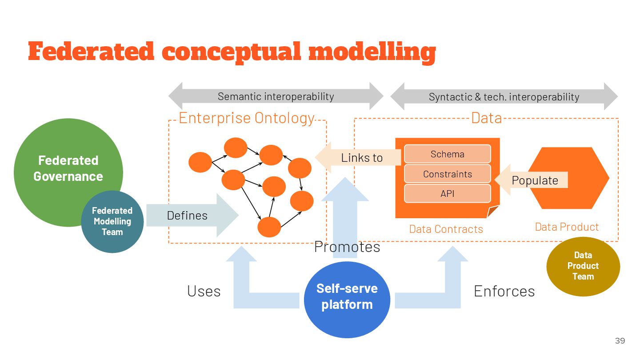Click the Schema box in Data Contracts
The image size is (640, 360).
click(x=447, y=154)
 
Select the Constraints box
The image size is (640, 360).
click(x=447, y=174)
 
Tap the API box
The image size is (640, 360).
click(x=447, y=193)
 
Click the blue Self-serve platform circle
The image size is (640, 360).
click(x=347, y=296)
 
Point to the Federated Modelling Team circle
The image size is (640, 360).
click(x=112, y=221)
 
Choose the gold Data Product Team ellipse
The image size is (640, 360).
click(x=583, y=266)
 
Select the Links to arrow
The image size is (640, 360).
click(x=360, y=157)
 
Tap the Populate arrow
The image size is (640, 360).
click(x=533, y=180)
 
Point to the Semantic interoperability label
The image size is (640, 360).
click(x=276, y=96)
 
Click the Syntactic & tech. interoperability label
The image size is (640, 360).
click(x=504, y=96)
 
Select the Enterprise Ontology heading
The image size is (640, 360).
click(x=246, y=118)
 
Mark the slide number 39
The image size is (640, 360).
click(x=620, y=341)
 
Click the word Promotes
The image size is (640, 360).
click(x=347, y=247)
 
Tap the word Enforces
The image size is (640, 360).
click(x=504, y=291)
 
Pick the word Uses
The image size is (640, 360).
click(x=204, y=291)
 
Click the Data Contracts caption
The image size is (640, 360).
click(x=446, y=229)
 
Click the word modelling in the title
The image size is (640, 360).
click(x=372, y=52)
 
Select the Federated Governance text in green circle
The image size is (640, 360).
click(x=68, y=168)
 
